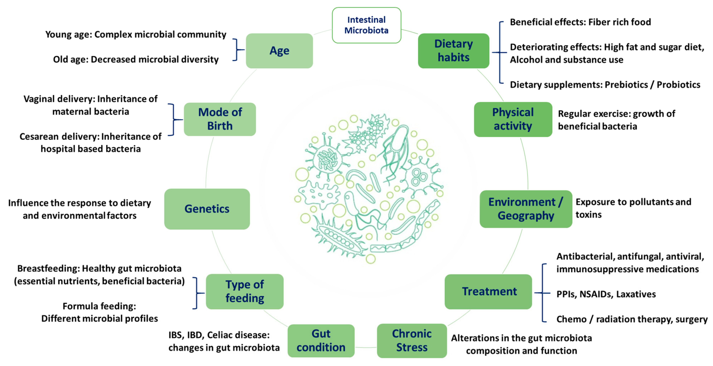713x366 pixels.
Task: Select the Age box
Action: (x=279, y=51)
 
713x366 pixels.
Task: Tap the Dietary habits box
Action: (x=453, y=51)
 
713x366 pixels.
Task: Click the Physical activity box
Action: (x=513, y=119)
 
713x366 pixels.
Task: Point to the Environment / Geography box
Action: (x=526, y=209)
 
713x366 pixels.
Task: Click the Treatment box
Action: (x=488, y=292)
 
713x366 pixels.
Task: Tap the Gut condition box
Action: (x=321, y=341)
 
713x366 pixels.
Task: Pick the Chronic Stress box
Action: (x=412, y=341)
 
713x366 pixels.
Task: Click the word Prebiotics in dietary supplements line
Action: (x=626, y=85)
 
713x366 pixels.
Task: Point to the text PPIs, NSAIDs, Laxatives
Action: (x=606, y=294)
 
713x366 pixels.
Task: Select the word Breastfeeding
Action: (x=48, y=268)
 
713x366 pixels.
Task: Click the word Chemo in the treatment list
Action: (x=571, y=319)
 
